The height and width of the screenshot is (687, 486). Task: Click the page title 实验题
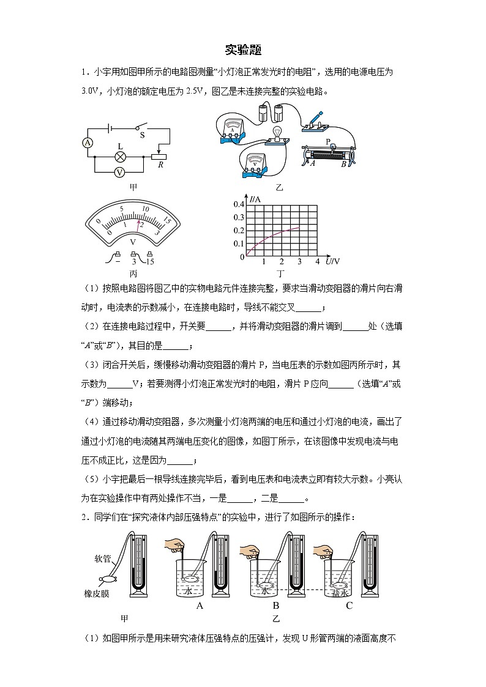click(x=243, y=50)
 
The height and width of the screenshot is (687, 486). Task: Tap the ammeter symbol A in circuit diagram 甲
click(x=88, y=143)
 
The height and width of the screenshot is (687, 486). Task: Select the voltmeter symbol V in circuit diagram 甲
click(x=120, y=173)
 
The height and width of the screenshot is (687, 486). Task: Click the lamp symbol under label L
click(x=120, y=157)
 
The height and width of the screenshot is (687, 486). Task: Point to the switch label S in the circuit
click(x=143, y=134)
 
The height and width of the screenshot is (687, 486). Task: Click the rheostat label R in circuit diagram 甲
click(x=160, y=165)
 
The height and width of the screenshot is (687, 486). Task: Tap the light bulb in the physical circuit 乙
click(x=277, y=134)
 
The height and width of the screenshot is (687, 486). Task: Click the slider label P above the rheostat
click(x=328, y=142)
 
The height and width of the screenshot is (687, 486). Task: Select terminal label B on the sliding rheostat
click(x=344, y=163)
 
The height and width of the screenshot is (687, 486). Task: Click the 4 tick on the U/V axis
click(x=317, y=262)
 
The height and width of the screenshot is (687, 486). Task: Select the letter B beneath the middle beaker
click(x=276, y=606)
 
